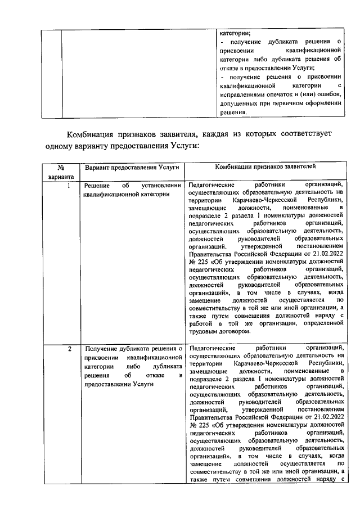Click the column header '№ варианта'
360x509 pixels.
coord(60,172)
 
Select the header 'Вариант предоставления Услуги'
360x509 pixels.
coord(132,167)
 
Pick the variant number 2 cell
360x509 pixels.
coord(69,349)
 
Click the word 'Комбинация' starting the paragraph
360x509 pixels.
coord(92,135)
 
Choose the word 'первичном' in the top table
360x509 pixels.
coord(292,104)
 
